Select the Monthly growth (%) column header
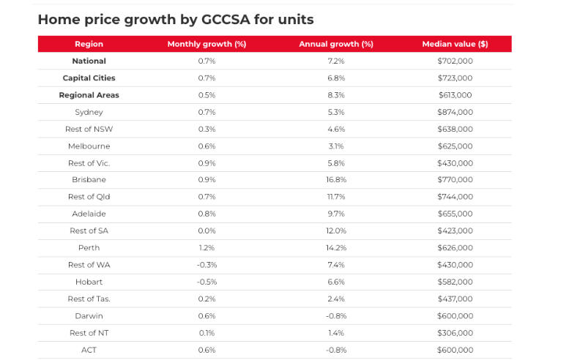tap(207, 44)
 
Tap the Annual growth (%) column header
tap(336, 44)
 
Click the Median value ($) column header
tap(455, 44)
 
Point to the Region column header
tap(89, 44)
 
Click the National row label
tap(89, 61)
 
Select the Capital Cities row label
tap(89, 78)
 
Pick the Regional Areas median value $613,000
tap(455, 95)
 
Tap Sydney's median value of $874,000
tap(455, 112)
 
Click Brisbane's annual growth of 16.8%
tap(336, 180)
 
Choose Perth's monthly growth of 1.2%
tap(207, 248)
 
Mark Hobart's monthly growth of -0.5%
tap(207, 282)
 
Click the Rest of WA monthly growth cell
tap(207, 265)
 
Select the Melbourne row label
tap(89, 146)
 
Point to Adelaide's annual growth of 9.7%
tap(336, 214)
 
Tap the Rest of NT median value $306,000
tap(455, 333)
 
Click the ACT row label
tap(89, 350)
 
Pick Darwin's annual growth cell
tap(336, 316)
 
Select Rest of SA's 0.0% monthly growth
tap(207, 230)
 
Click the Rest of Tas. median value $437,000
tap(455, 299)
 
